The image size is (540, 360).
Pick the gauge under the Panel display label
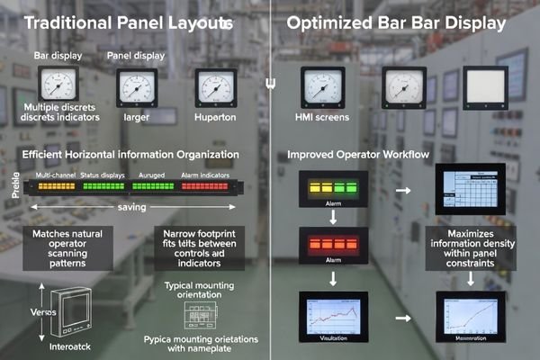138,89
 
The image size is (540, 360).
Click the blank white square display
482,87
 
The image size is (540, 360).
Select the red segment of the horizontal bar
205,187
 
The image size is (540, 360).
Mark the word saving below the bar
132,206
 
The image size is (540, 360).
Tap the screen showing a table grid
470,190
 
